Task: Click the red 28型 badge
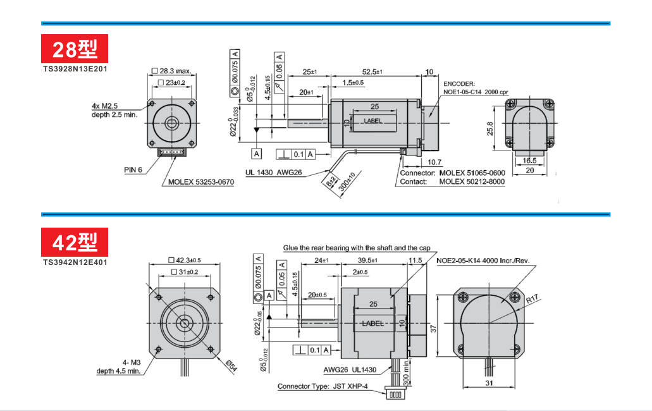(75, 49)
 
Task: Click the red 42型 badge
(75, 242)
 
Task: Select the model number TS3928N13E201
(75, 68)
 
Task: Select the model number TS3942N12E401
(75, 262)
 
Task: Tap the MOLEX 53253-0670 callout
(201, 182)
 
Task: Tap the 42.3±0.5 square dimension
(185, 260)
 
